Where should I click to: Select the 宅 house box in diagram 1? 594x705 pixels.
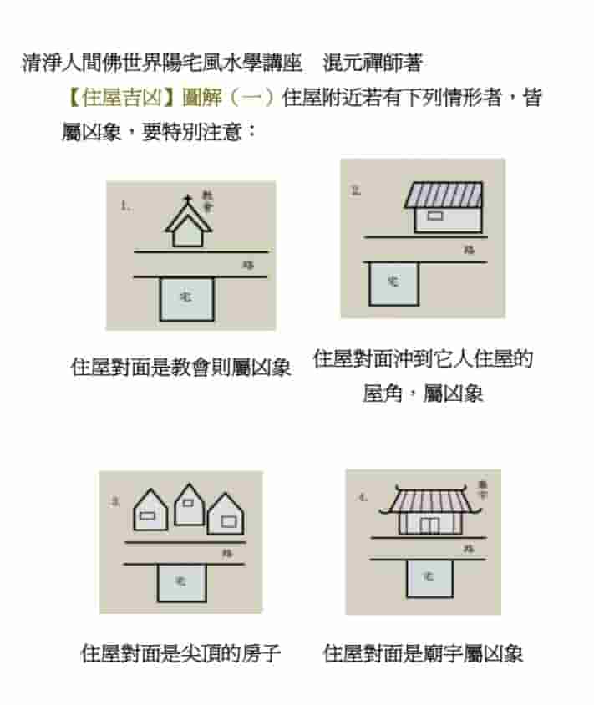pyautogui.click(x=185, y=297)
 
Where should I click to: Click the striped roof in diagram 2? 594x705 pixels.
pyautogui.click(x=444, y=195)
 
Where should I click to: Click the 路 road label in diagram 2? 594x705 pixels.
pyautogui.click(x=469, y=249)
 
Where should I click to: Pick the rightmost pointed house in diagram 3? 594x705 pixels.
pyautogui.click(x=226, y=515)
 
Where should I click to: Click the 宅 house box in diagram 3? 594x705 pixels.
pyautogui.click(x=180, y=581)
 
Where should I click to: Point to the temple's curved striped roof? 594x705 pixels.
pyautogui.click(x=427, y=501)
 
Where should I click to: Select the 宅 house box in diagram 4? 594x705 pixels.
pyautogui.click(x=429, y=577)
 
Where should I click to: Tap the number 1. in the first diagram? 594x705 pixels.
pyautogui.click(x=126, y=205)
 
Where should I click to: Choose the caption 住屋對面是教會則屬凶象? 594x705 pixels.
pyautogui.click(x=180, y=367)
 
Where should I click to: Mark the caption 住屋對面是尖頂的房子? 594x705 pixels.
pyautogui.click(x=180, y=653)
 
